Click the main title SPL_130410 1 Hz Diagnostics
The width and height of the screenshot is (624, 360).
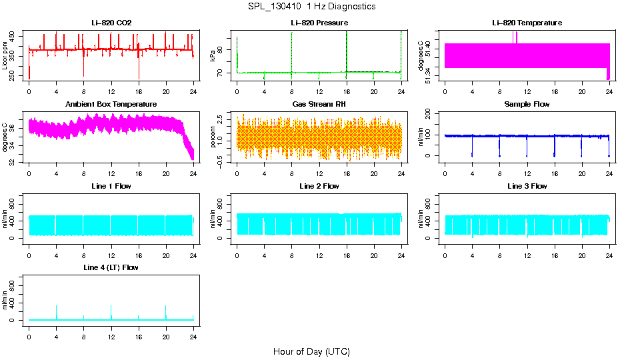pyautogui.click(x=311, y=6)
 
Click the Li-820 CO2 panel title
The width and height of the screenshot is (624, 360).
pyautogui.click(x=111, y=23)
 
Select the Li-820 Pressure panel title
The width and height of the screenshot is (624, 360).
pyautogui.click(x=319, y=23)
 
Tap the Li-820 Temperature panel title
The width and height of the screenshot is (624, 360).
pyautogui.click(x=527, y=23)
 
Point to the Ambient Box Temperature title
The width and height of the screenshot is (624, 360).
pyautogui.click(x=111, y=104)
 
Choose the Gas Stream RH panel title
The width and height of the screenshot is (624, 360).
pyautogui.click(x=319, y=104)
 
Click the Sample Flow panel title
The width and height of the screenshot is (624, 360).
pyautogui.click(x=527, y=104)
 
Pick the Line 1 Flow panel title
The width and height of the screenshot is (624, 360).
pyautogui.click(x=111, y=186)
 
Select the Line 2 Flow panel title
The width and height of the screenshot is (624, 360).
pyautogui.click(x=319, y=186)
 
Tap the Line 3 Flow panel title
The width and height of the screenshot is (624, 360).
pyautogui.click(x=527, y=186)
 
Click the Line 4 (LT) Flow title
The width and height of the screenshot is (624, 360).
pyautogui.click(x=111, y=267)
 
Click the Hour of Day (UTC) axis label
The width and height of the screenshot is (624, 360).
pyautogui.click(x=311, y=351)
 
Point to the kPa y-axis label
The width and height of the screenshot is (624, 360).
pyautogui.click(x=213, y=55)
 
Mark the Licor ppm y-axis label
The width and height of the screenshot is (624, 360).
pyautogui.click(x=5, y=55)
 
